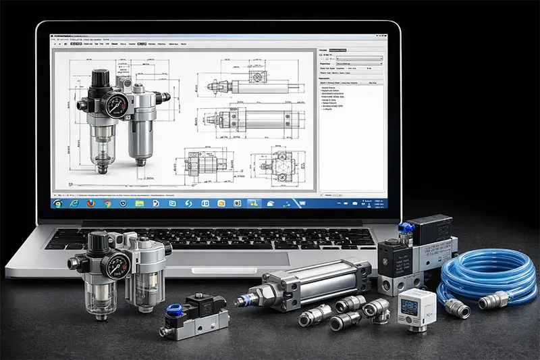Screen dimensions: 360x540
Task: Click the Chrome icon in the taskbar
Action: tap(107, 203)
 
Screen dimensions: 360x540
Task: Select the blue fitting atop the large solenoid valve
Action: tap(403, 229)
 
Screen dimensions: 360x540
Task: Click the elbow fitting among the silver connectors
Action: tap(375, 309)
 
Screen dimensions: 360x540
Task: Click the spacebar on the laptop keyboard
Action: tap(223, 245)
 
